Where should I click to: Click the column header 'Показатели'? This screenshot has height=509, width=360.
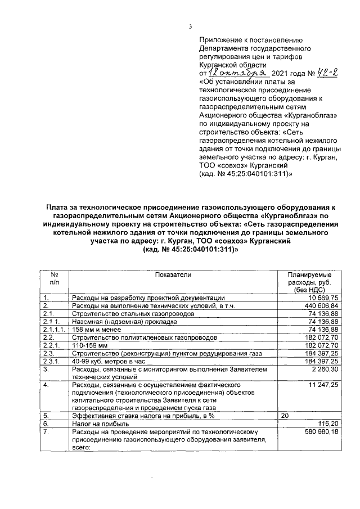pyautogui.click(x=174, y=274)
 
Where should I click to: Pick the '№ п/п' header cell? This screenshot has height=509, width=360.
pyautogui.click(x=55, y=278)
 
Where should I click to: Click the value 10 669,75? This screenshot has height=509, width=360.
pyautogui.click(x=323, y=297)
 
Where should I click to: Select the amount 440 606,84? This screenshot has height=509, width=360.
pyautogui.click(x=321, y=305)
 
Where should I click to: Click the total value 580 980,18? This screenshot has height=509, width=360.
pyautogui.click(x=321, y=431)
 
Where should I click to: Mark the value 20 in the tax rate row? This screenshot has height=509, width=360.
pyautogui.click(x=284, y=415)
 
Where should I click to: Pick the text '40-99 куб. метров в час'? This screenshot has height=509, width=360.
pyautogui.click(x=103, y=361)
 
